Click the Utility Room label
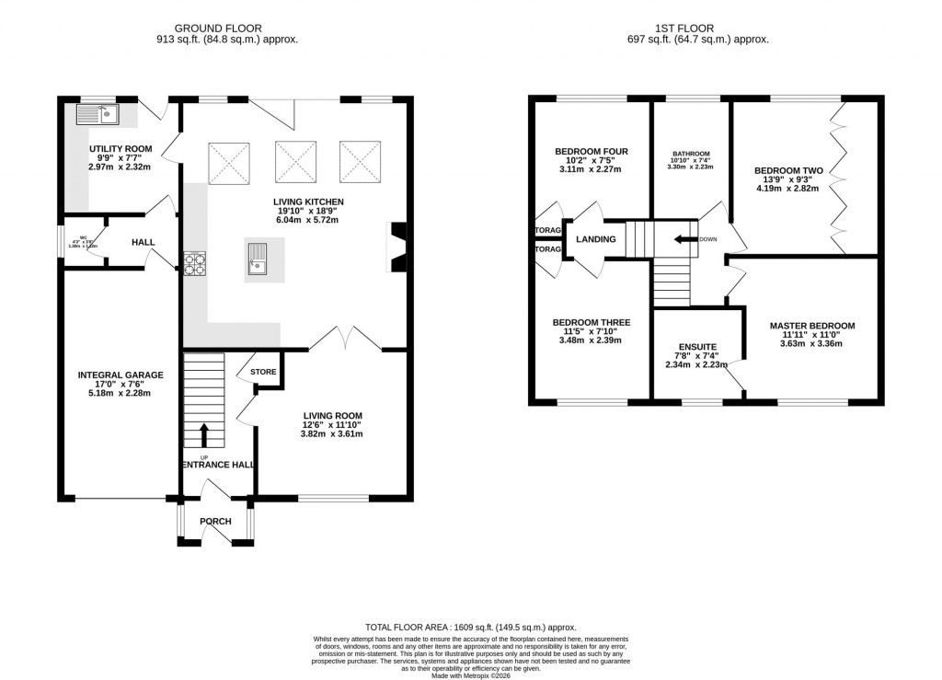121,148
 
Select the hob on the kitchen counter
195,264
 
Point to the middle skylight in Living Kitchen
295,162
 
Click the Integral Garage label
121,375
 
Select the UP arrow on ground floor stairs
204,435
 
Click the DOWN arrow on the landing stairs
683,239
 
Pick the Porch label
215,522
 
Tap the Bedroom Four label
592,152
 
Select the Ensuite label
697,347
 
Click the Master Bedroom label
812,326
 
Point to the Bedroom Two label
788,170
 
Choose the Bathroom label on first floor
692,154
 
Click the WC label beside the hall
84,238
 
